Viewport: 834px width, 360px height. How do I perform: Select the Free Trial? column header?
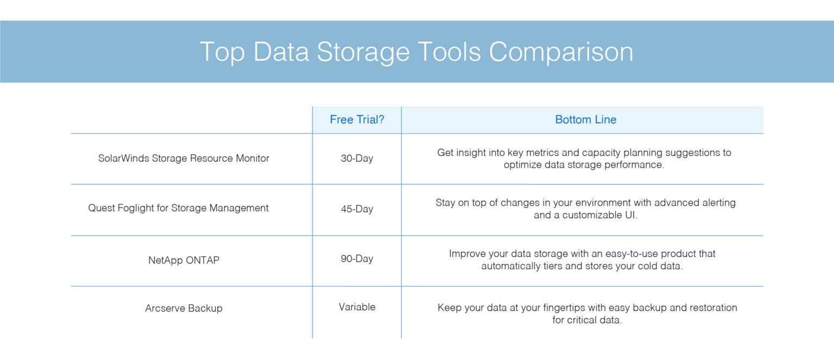coord(357,119)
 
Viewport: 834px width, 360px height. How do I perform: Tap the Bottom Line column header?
coord(585,119)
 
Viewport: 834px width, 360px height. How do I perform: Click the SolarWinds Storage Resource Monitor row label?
coord(184,158)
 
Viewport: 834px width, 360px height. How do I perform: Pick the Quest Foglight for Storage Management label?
coord(178,208)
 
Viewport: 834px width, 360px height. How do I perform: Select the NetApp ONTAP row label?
coord(184,260)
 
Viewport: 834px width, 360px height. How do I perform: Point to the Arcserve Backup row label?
coord(184,308)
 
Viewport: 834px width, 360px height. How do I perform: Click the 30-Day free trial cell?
coord(357,159)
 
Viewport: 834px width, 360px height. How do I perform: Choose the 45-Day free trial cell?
coord(357,209)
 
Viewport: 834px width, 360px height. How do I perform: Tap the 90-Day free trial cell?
coord(357,258)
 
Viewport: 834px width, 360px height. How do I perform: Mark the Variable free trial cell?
coord(357,307)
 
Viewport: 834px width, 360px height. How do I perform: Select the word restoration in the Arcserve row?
coord(713,307)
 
